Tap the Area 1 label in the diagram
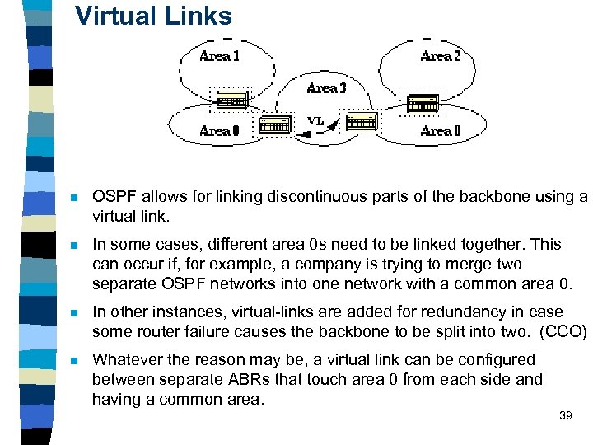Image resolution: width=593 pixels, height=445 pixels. click(220, 56)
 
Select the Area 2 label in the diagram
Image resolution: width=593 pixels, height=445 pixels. click(441, 56)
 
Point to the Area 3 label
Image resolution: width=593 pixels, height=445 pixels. click(327, 88)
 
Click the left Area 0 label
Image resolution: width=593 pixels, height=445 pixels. click(220, 130)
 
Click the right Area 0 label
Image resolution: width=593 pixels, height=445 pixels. click(441, 130)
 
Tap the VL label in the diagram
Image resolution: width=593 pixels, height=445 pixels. click(315, 119)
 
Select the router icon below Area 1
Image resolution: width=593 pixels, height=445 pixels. click(232, 100)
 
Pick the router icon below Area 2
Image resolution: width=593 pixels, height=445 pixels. click(423, 103)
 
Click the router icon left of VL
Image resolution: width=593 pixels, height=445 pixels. click(274, 124)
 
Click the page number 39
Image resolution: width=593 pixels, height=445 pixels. click(565, 415)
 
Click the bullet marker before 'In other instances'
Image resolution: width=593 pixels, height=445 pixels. click(73, 313)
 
